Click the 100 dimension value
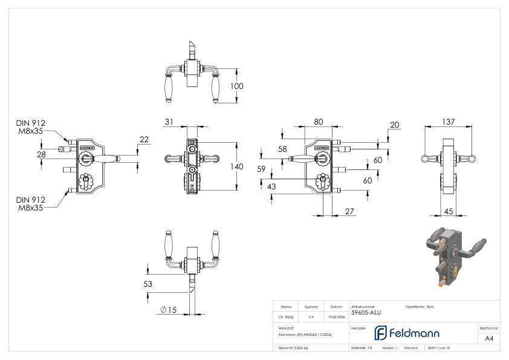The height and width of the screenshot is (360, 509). pyautogui.click(x=237, y=87)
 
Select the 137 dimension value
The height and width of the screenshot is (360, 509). pyautogui.click(x=448, y=122)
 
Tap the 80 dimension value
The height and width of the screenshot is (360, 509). pyautogui.click(x=318, y=122)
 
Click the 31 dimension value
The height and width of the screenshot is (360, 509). pyautogui.click(x=169, y=122)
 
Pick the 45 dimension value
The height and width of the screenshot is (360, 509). pyautogui.click(x=448, y=211)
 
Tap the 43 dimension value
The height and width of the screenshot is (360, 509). pyautogui.click(x=271, y=187)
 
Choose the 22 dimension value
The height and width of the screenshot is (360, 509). pyautogui.click(x=144, y=140)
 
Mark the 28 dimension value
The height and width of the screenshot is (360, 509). pyautogui.click(x=41, y=155)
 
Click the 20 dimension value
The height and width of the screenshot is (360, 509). pyautogui.click(x=395, y=125)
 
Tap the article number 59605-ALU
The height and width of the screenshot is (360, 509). pyautogui.click(x=366, y=313)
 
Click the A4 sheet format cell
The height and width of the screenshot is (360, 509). pyautogui.click(x=489, y=339)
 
